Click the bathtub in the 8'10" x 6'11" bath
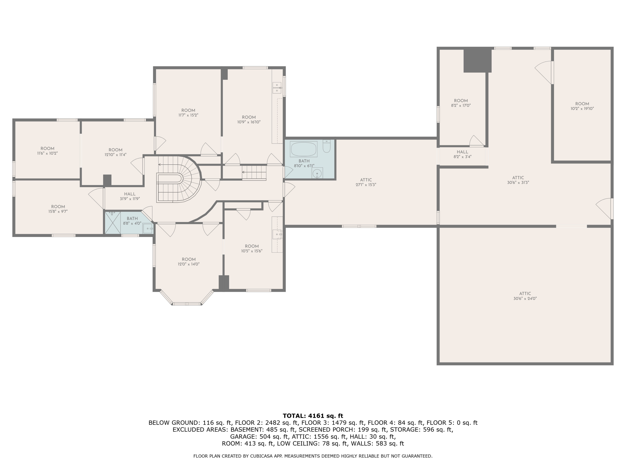(303, 149)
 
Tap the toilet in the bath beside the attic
(327, 146)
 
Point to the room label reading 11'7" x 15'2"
(188, 113)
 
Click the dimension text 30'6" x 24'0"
(525, 298)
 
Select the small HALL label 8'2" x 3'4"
(462, 154)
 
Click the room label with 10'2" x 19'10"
(582, 106)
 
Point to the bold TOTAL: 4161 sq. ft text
(313, 416)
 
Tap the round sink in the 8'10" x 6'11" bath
(317, 173)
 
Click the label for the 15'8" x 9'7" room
(58, 209)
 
